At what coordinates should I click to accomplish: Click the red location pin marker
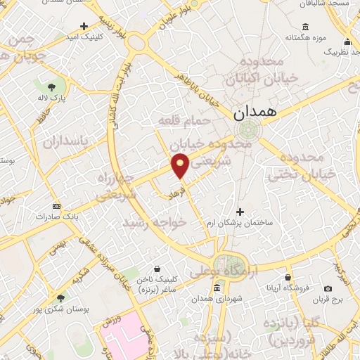click(x=180, y=166)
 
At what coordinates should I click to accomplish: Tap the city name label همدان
click(x=254, y=112)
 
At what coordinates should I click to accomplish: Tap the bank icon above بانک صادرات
click(x=56, y=205)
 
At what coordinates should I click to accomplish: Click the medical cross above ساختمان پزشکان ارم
click(x=240, y=211)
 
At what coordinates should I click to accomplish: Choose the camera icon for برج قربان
click(x=328, y=288)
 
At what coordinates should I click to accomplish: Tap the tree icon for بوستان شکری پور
click(x=61, y=298)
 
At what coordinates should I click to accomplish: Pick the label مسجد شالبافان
click(x=328, y=4)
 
